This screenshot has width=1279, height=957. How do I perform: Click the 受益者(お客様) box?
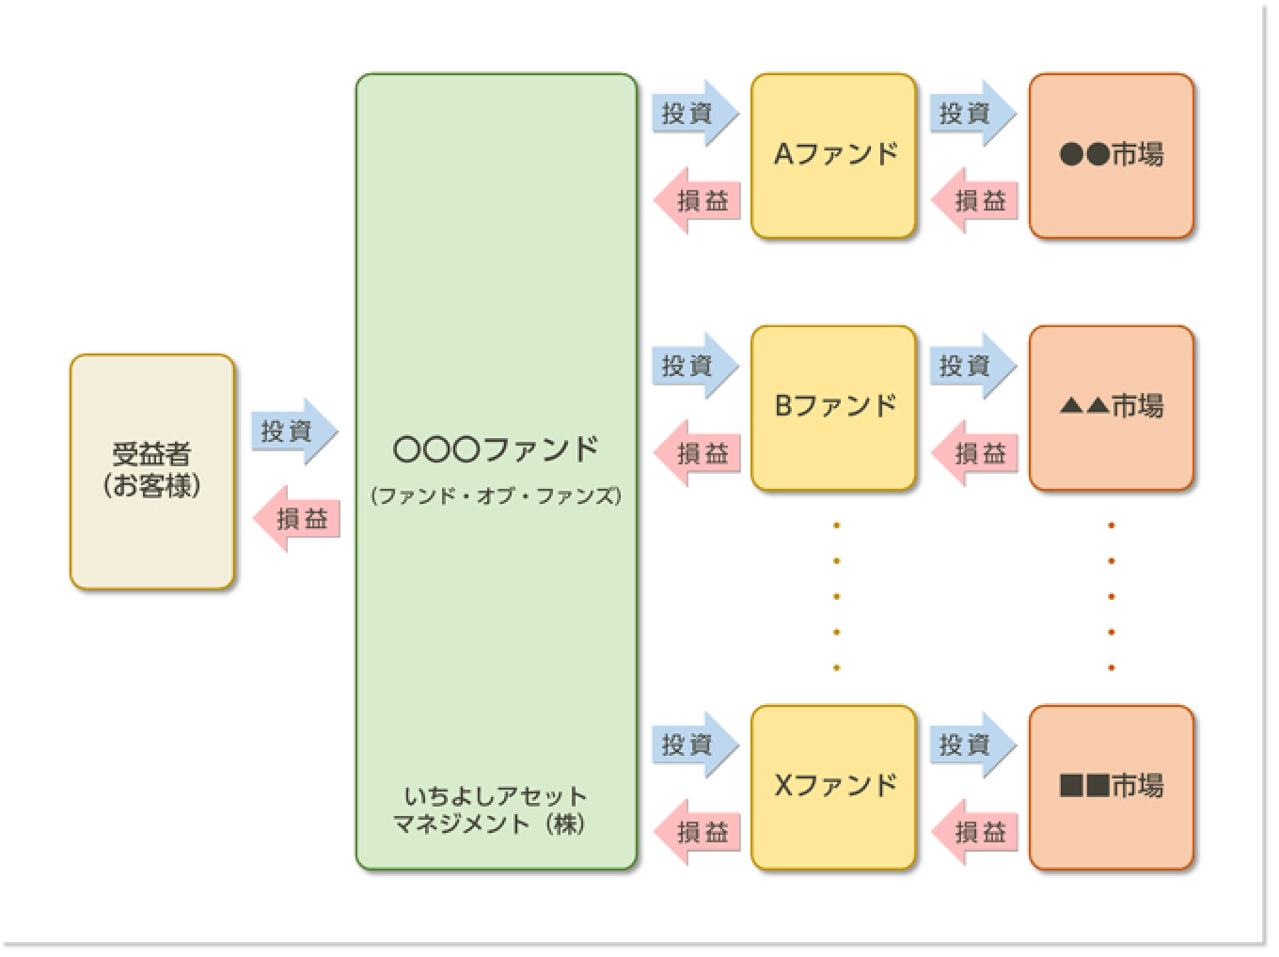[151, 471]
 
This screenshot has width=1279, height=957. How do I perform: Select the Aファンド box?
[833, 155]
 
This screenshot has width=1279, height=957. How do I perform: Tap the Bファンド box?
[833, 407]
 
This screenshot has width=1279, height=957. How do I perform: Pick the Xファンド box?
[833, 786]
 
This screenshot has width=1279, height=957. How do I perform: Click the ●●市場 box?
[1111, 155]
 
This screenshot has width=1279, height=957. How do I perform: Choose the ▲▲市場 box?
[1111, 407]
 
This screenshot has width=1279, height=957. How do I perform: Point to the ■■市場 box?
[1111, 786]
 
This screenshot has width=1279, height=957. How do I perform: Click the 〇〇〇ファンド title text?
[496, 449]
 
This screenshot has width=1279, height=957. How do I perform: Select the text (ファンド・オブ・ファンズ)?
[496, 496]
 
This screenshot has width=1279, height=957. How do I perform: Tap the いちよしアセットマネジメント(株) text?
[495, 810]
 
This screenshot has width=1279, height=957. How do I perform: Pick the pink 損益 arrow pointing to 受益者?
[297, 519]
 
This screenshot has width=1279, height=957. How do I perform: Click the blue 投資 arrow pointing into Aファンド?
[694, 113]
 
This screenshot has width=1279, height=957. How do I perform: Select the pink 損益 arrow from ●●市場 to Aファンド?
[974, 201]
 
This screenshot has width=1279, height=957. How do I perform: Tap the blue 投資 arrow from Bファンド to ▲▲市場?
[972, 365]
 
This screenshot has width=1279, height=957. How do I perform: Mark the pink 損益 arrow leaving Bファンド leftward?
[697, 453]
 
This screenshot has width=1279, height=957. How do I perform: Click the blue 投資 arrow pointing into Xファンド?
[694, 745]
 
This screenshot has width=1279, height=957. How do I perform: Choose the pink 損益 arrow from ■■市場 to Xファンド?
[974, 832]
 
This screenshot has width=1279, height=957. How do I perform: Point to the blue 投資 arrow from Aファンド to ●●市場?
[972, 113]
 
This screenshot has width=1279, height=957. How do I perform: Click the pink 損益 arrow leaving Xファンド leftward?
[697, 832]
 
